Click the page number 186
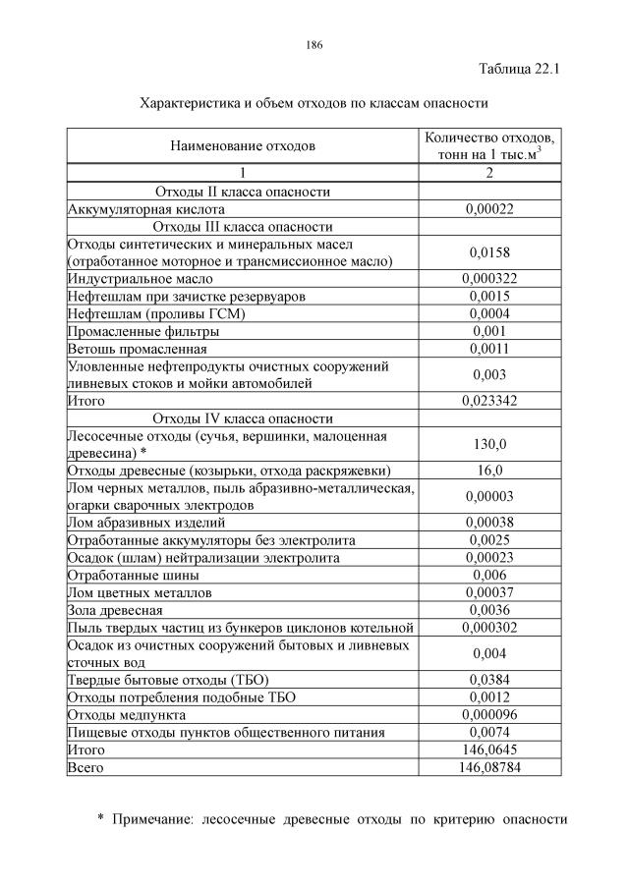[x=314, y=45]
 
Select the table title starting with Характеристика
[x=314, y=102]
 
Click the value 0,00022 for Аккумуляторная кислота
[x=489, y=209]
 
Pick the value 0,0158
[x=489, y=252]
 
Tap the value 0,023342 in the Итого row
[x=489, y=401]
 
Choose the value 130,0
[x=489, y=444]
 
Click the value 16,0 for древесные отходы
[x=489, y=470]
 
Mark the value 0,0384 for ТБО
[x=489, y=679]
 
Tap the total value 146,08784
[x=489, y=766]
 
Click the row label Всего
[x=85, y=766]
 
